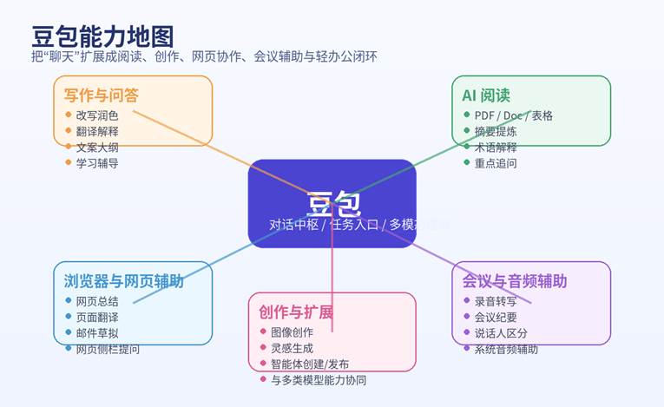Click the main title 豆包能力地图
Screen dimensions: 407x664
102,36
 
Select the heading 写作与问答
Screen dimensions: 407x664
101,95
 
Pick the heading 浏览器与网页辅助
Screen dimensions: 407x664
124,281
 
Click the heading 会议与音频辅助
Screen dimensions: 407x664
515,281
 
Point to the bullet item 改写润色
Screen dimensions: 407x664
97,115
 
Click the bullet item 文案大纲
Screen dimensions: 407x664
97,147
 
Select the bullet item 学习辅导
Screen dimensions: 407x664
97,162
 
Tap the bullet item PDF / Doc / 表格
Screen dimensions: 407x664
513,115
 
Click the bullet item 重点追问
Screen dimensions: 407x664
496,162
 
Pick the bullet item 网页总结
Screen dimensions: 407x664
97,301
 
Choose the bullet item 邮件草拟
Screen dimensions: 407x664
97,332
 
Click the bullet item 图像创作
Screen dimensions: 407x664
292,332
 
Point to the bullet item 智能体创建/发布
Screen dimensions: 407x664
310,364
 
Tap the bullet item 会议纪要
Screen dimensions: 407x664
496,317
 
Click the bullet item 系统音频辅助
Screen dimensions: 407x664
506,349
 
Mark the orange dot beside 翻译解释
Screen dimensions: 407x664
68,131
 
